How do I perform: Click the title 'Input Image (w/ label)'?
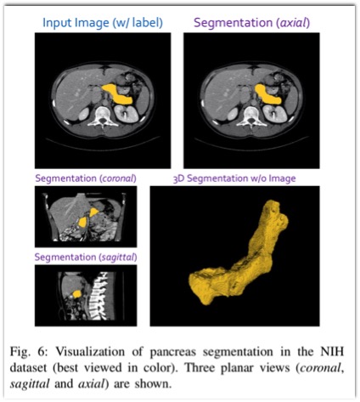coord(103,23)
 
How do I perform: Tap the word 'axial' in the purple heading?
coord(293,22)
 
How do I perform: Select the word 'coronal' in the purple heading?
coord(118,178)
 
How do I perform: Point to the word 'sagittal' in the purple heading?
coord(117,257)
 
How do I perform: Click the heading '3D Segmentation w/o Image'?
coord(234,178)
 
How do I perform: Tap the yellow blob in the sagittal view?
coord(76,294)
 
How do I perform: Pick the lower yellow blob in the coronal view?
coord(82,222)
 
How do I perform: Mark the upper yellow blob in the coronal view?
coord(94,212)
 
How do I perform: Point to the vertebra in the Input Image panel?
coord(103,116)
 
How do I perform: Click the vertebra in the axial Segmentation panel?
coord(251,116)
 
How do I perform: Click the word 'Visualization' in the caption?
coord(90,352)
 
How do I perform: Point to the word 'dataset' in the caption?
coord(28,368)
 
